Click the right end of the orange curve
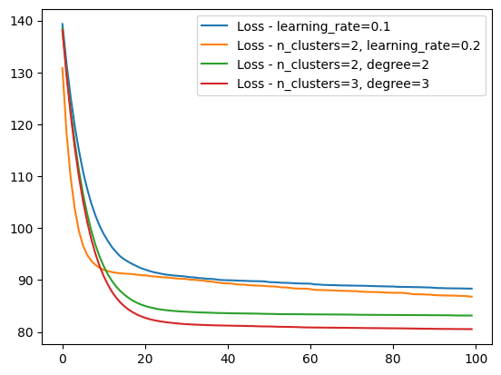tap(472, 296)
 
